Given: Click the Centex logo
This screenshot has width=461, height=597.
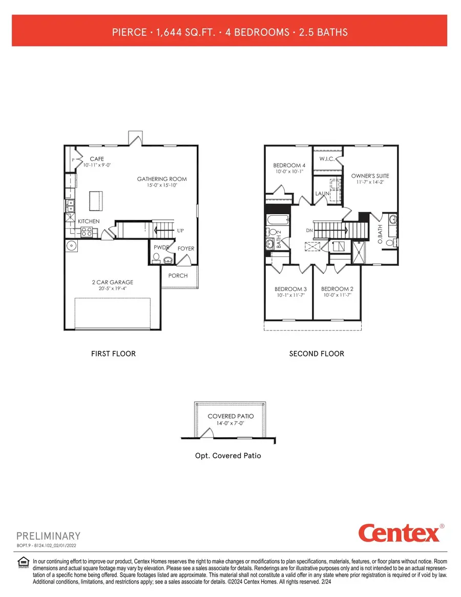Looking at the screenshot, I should point(399,533).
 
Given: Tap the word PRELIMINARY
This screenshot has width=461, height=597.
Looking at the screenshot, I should point(49,536).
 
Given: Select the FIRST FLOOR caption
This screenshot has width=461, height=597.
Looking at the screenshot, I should point(113,354).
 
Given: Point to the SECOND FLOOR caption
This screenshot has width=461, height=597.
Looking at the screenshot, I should point(317,354).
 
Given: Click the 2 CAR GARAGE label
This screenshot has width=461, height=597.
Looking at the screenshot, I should point(112,282).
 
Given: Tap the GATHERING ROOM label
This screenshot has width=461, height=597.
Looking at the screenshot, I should point(161,179).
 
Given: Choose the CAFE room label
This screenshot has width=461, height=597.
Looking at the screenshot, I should point(97,159).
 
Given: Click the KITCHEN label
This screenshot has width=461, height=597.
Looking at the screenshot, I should point(89,221).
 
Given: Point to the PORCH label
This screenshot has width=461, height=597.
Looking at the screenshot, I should point(178,276).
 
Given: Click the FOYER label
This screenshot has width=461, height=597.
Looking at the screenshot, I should point(186,249).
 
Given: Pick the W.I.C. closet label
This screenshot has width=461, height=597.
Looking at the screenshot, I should point(327,159).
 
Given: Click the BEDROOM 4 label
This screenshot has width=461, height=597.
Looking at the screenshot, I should point(289,165).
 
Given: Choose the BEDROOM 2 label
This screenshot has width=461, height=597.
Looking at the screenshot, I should point(338,289).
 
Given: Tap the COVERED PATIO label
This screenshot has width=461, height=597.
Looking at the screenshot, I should point(229,416).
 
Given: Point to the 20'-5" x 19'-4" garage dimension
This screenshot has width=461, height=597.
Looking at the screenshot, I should point(112,289).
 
